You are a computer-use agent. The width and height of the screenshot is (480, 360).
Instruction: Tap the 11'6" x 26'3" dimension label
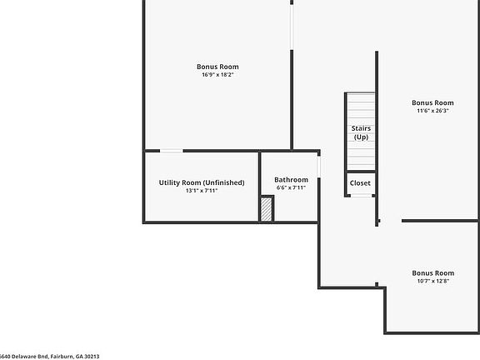[x=432, y=111]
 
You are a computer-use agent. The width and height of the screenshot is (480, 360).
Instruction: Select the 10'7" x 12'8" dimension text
[x=432, y=282]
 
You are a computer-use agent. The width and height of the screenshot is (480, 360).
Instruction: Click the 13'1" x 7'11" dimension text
[x=202, y=191]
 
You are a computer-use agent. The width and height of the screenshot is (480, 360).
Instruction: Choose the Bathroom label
[x=291, y=179]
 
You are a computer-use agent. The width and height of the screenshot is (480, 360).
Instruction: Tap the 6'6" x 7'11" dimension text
[x=291, y=187]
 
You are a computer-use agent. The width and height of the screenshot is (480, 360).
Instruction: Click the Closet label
[x=360, y=182]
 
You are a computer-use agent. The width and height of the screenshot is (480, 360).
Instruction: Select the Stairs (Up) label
[x=361, y=132]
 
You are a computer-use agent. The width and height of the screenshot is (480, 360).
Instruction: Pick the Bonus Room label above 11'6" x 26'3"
[x=432, y=102]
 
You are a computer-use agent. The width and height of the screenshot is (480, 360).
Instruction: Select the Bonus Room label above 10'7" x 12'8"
[x=432, y=272]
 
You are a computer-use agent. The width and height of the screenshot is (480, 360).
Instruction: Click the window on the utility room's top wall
[x=172, y=151]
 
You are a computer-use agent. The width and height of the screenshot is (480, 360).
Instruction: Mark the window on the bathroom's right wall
[x=319, y=166]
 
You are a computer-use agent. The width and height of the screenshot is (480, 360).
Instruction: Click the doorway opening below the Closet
[x=360, y=196]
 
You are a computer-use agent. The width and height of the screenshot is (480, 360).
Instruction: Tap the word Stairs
[x=361, y=128]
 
